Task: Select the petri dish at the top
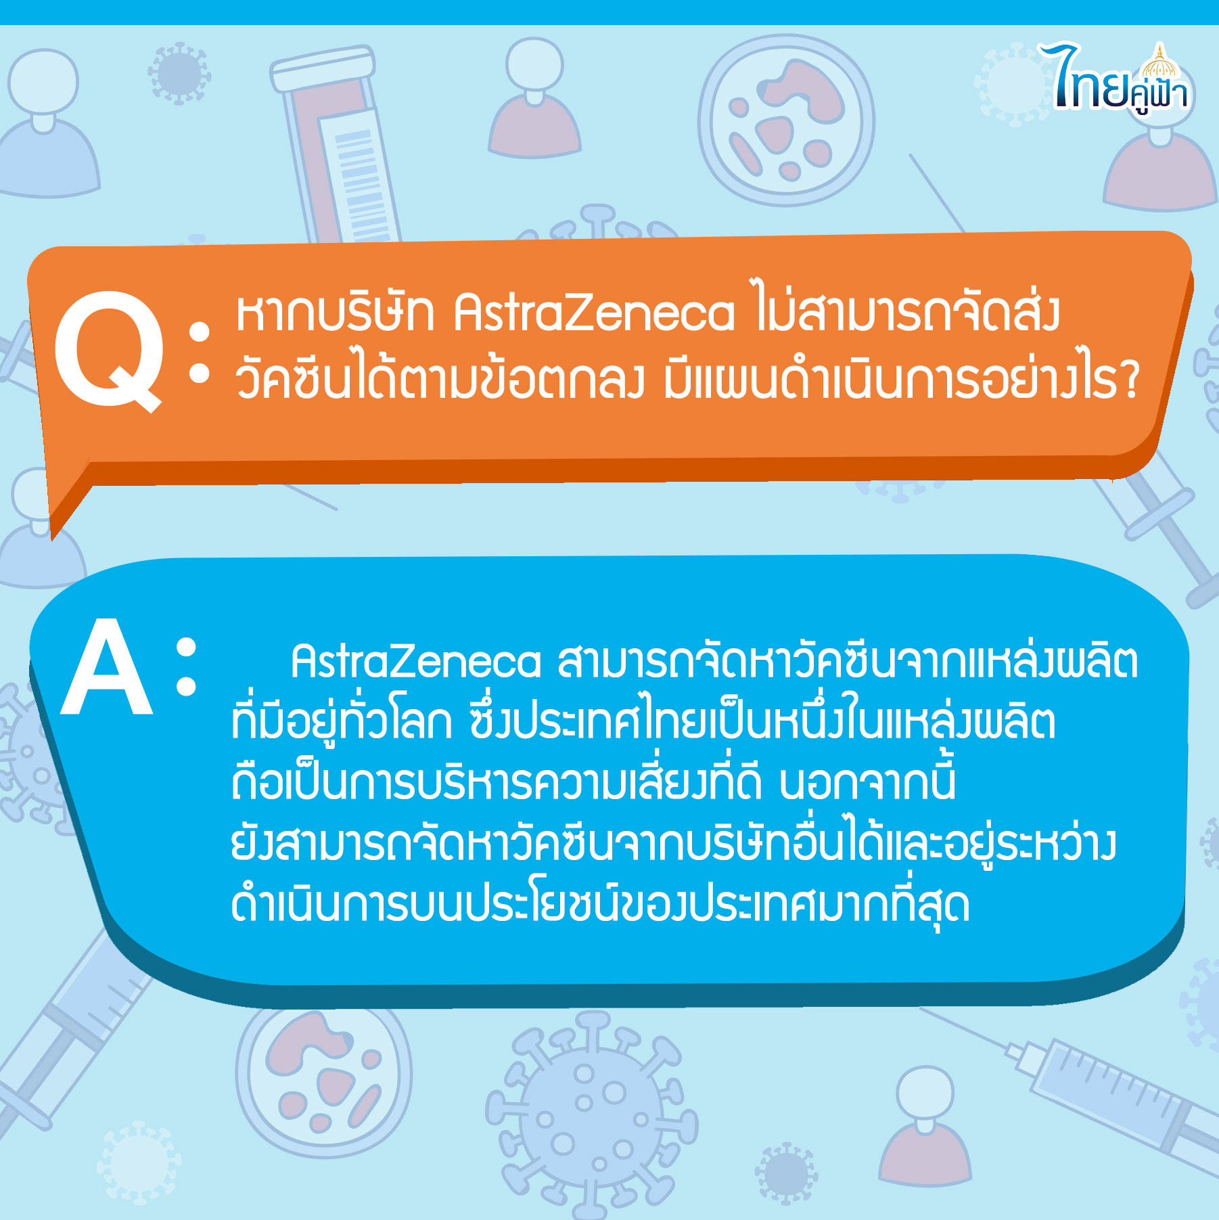pyautogui.click(x=786, y=120)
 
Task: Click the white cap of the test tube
pyautogui.click(x=323, y=68)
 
